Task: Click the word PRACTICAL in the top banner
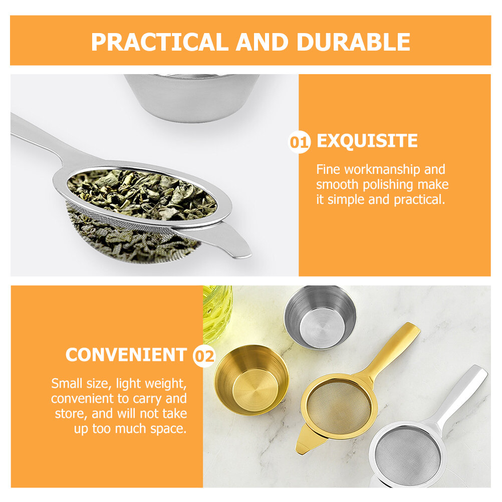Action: [159, 42]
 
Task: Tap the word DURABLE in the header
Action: [353, 42]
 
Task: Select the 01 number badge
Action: [299, 142]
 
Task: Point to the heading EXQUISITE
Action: [367, 141]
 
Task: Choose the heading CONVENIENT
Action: [126, 355]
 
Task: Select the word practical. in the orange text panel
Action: [419, 200]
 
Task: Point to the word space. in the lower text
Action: [168, 429]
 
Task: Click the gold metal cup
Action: [252, 380]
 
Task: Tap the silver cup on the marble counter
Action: [320, 317]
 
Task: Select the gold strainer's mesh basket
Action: [339, 407]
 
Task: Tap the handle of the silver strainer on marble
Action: [461, 396]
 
